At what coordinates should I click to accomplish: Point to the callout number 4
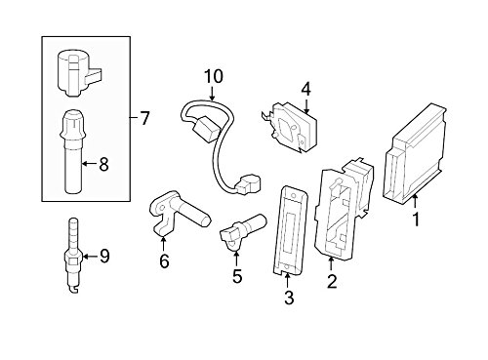[x=305, y=90]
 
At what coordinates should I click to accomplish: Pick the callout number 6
[x=164, y=261]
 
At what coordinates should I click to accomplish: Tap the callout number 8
[x=103, y=164]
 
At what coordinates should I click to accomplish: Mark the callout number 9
[x=104, y=257]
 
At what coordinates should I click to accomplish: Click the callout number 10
[x=213, y=76]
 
